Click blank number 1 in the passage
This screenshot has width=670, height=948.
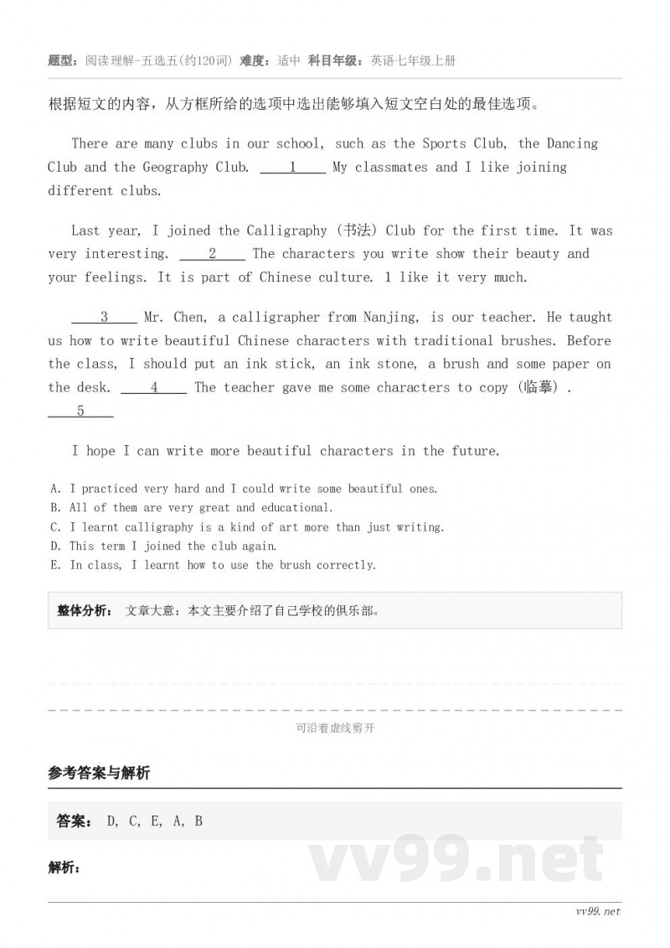tap(292, 168)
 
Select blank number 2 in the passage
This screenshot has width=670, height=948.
tap(213, 254)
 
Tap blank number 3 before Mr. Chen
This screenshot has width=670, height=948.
tap(104, 318)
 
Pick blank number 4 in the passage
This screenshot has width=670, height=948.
tap(154, 388)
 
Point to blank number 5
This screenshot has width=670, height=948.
tap(80, 412)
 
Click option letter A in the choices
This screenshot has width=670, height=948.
tap(54, 489)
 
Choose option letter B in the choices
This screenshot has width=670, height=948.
tap(54, 508)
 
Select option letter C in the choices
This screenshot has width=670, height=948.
tap(54, 527)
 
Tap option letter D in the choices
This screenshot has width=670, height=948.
tap(54, 547)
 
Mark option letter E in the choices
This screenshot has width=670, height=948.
tap(54, 566)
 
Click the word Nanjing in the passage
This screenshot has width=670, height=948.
tap(392, 318)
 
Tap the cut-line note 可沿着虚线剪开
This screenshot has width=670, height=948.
tap(335, 728)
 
